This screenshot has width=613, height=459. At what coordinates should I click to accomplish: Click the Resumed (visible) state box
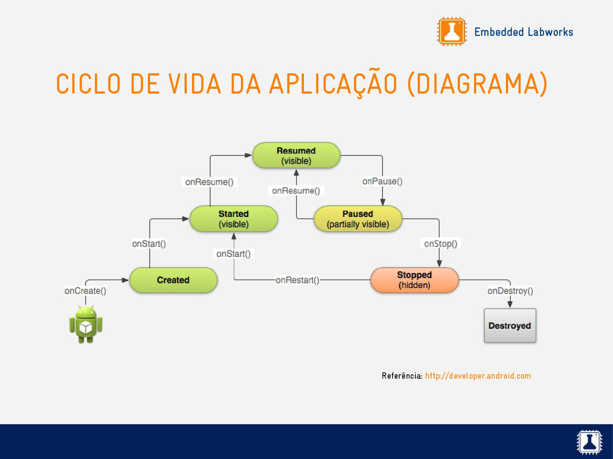(296, 155)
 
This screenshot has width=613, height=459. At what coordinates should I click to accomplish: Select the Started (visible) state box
(233, 219)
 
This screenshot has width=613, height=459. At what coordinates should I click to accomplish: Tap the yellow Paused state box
(358, 219)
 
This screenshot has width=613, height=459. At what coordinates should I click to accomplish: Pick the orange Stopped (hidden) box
(414, 280)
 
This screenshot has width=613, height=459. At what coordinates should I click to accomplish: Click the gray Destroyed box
(509, 326)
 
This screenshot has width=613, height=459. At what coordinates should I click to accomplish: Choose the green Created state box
(173, 280)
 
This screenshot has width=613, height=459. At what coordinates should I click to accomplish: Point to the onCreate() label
(86, 291)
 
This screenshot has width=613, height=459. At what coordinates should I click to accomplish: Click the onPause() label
(382, 181)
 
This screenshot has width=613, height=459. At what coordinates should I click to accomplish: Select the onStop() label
(441, 243)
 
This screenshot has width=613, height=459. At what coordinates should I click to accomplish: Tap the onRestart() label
(297, 280)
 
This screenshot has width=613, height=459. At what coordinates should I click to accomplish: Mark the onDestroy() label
(510, 291)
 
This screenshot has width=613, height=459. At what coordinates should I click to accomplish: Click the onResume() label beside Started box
(209, 182)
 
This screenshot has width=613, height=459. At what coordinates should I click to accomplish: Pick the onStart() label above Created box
(149, 243)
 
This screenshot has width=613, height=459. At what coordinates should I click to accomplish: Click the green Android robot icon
(86, 324)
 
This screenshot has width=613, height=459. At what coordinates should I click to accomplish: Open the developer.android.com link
(478, 376)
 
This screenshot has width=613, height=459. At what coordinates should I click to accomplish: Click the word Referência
(402, 376)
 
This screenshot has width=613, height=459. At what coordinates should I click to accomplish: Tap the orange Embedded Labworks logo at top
(451, 31)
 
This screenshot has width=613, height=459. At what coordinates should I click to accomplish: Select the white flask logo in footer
(589, 442)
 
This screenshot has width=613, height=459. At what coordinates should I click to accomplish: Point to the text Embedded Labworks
(523, 32)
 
